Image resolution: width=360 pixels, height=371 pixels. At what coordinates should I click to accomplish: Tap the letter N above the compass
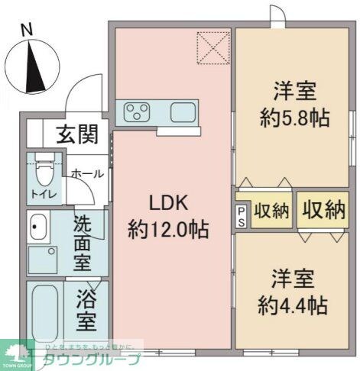tap(27, 29)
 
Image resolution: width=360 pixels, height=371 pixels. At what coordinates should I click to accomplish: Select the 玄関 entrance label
tap(76, 136)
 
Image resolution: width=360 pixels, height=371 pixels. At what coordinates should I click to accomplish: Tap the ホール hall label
tap(86, 174)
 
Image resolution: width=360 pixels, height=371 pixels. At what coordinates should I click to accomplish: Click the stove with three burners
tap(138, 113)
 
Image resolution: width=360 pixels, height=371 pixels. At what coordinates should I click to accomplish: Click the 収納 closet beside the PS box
tap(271, 211)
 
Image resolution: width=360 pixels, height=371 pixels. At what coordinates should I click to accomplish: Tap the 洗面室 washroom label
tap(82, 244)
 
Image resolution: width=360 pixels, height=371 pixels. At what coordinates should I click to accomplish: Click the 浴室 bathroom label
tap(86, 310)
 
